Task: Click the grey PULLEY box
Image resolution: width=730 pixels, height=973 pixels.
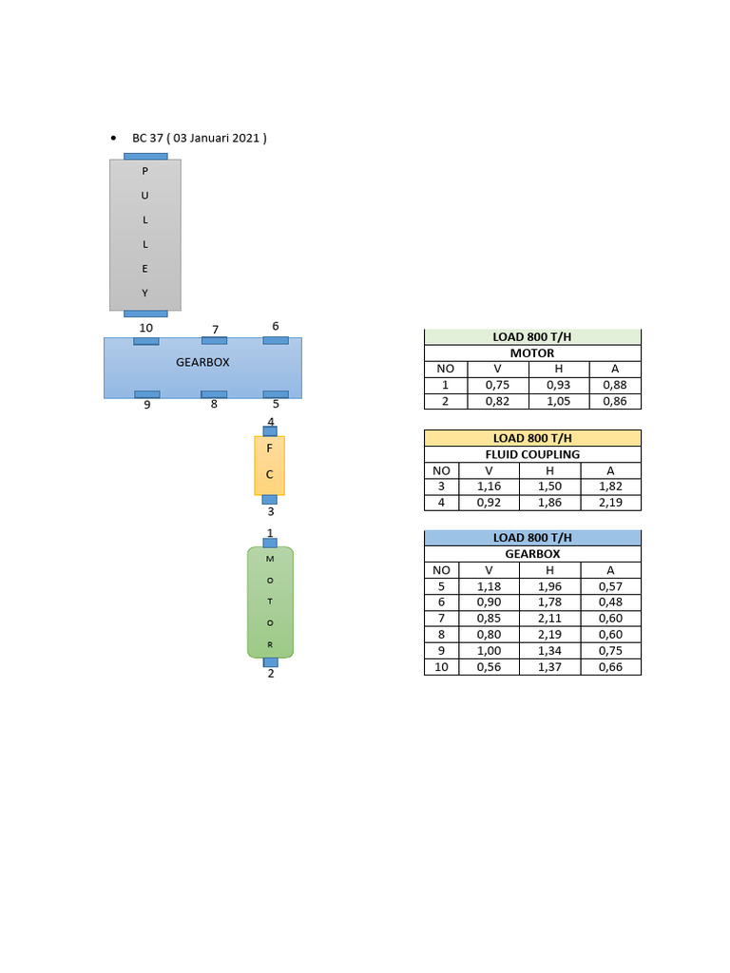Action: [x=145, y=235]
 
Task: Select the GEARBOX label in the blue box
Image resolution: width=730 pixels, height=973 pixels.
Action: [x=202, y=362]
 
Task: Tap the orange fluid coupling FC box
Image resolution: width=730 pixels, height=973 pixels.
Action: [x=269, y=466]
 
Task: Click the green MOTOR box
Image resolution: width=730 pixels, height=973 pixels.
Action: [x=270, y=602]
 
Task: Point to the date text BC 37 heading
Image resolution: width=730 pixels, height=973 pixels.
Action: [x=200, y=138]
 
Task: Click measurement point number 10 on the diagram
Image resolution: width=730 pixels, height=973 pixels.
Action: [x=145, y=328]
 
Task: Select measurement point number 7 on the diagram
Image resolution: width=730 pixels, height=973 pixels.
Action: [x=216, y=329]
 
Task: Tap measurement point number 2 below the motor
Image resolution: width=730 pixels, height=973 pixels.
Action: [x=271, y=674]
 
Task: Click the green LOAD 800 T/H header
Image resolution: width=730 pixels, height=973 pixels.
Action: [x=532, y=337]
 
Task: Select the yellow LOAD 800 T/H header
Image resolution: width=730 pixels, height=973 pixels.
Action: [x=532, y=438]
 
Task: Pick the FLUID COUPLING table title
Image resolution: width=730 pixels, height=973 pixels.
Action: [x=532, y=454]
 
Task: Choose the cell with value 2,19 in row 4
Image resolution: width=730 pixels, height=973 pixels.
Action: [x=611, y=502]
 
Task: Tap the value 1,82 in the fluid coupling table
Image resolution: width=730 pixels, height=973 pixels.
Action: [x=611, y=486]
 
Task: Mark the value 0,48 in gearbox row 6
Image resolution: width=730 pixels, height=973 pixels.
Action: [x=611, y=602]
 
